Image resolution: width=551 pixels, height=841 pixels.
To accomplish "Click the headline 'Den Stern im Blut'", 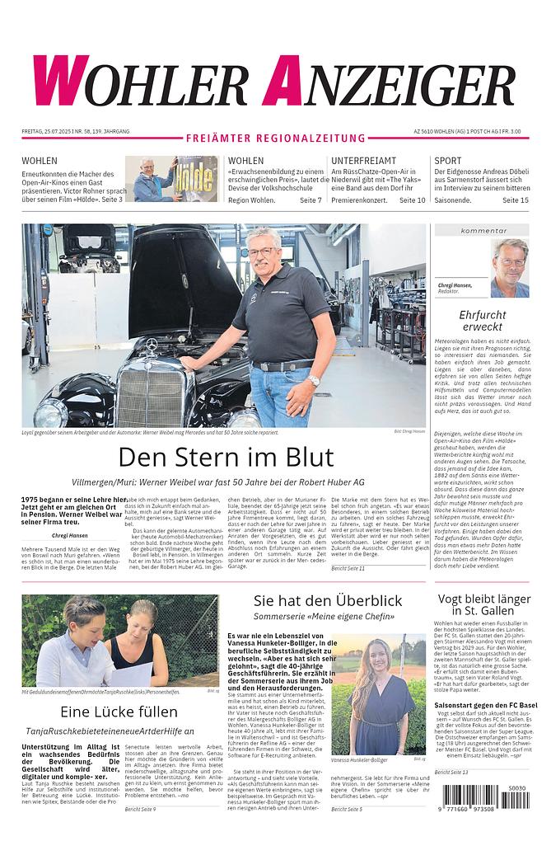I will [226, 457].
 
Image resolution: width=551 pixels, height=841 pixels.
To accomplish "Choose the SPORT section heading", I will [448, 161].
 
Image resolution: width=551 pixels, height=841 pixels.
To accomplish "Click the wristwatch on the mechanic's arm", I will [314, 380].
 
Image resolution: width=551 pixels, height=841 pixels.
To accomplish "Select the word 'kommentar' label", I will [483, 231].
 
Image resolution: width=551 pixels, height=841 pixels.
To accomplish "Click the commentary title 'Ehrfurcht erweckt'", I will [482, 321].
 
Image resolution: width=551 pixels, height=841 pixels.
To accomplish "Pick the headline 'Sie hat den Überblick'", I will [328, 601].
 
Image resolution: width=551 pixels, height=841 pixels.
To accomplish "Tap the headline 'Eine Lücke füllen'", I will [120, 711].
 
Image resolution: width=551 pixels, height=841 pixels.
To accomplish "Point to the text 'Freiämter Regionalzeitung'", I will [275, 139].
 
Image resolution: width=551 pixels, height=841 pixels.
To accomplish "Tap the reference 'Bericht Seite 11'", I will [348, 568].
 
